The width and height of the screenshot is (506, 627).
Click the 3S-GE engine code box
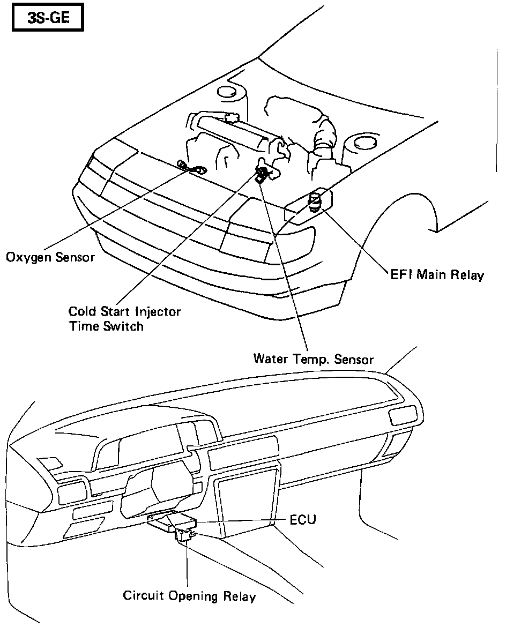48,20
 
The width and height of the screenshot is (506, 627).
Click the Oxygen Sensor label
50,257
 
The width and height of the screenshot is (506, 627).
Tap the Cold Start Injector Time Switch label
124,318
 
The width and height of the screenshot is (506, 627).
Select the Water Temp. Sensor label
313,359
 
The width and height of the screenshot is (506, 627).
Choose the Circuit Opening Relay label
189,596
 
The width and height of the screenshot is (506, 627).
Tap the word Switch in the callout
125,326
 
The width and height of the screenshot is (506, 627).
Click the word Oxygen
27,257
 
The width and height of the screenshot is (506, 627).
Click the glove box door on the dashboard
247,501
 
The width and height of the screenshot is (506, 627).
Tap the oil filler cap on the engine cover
232,117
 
